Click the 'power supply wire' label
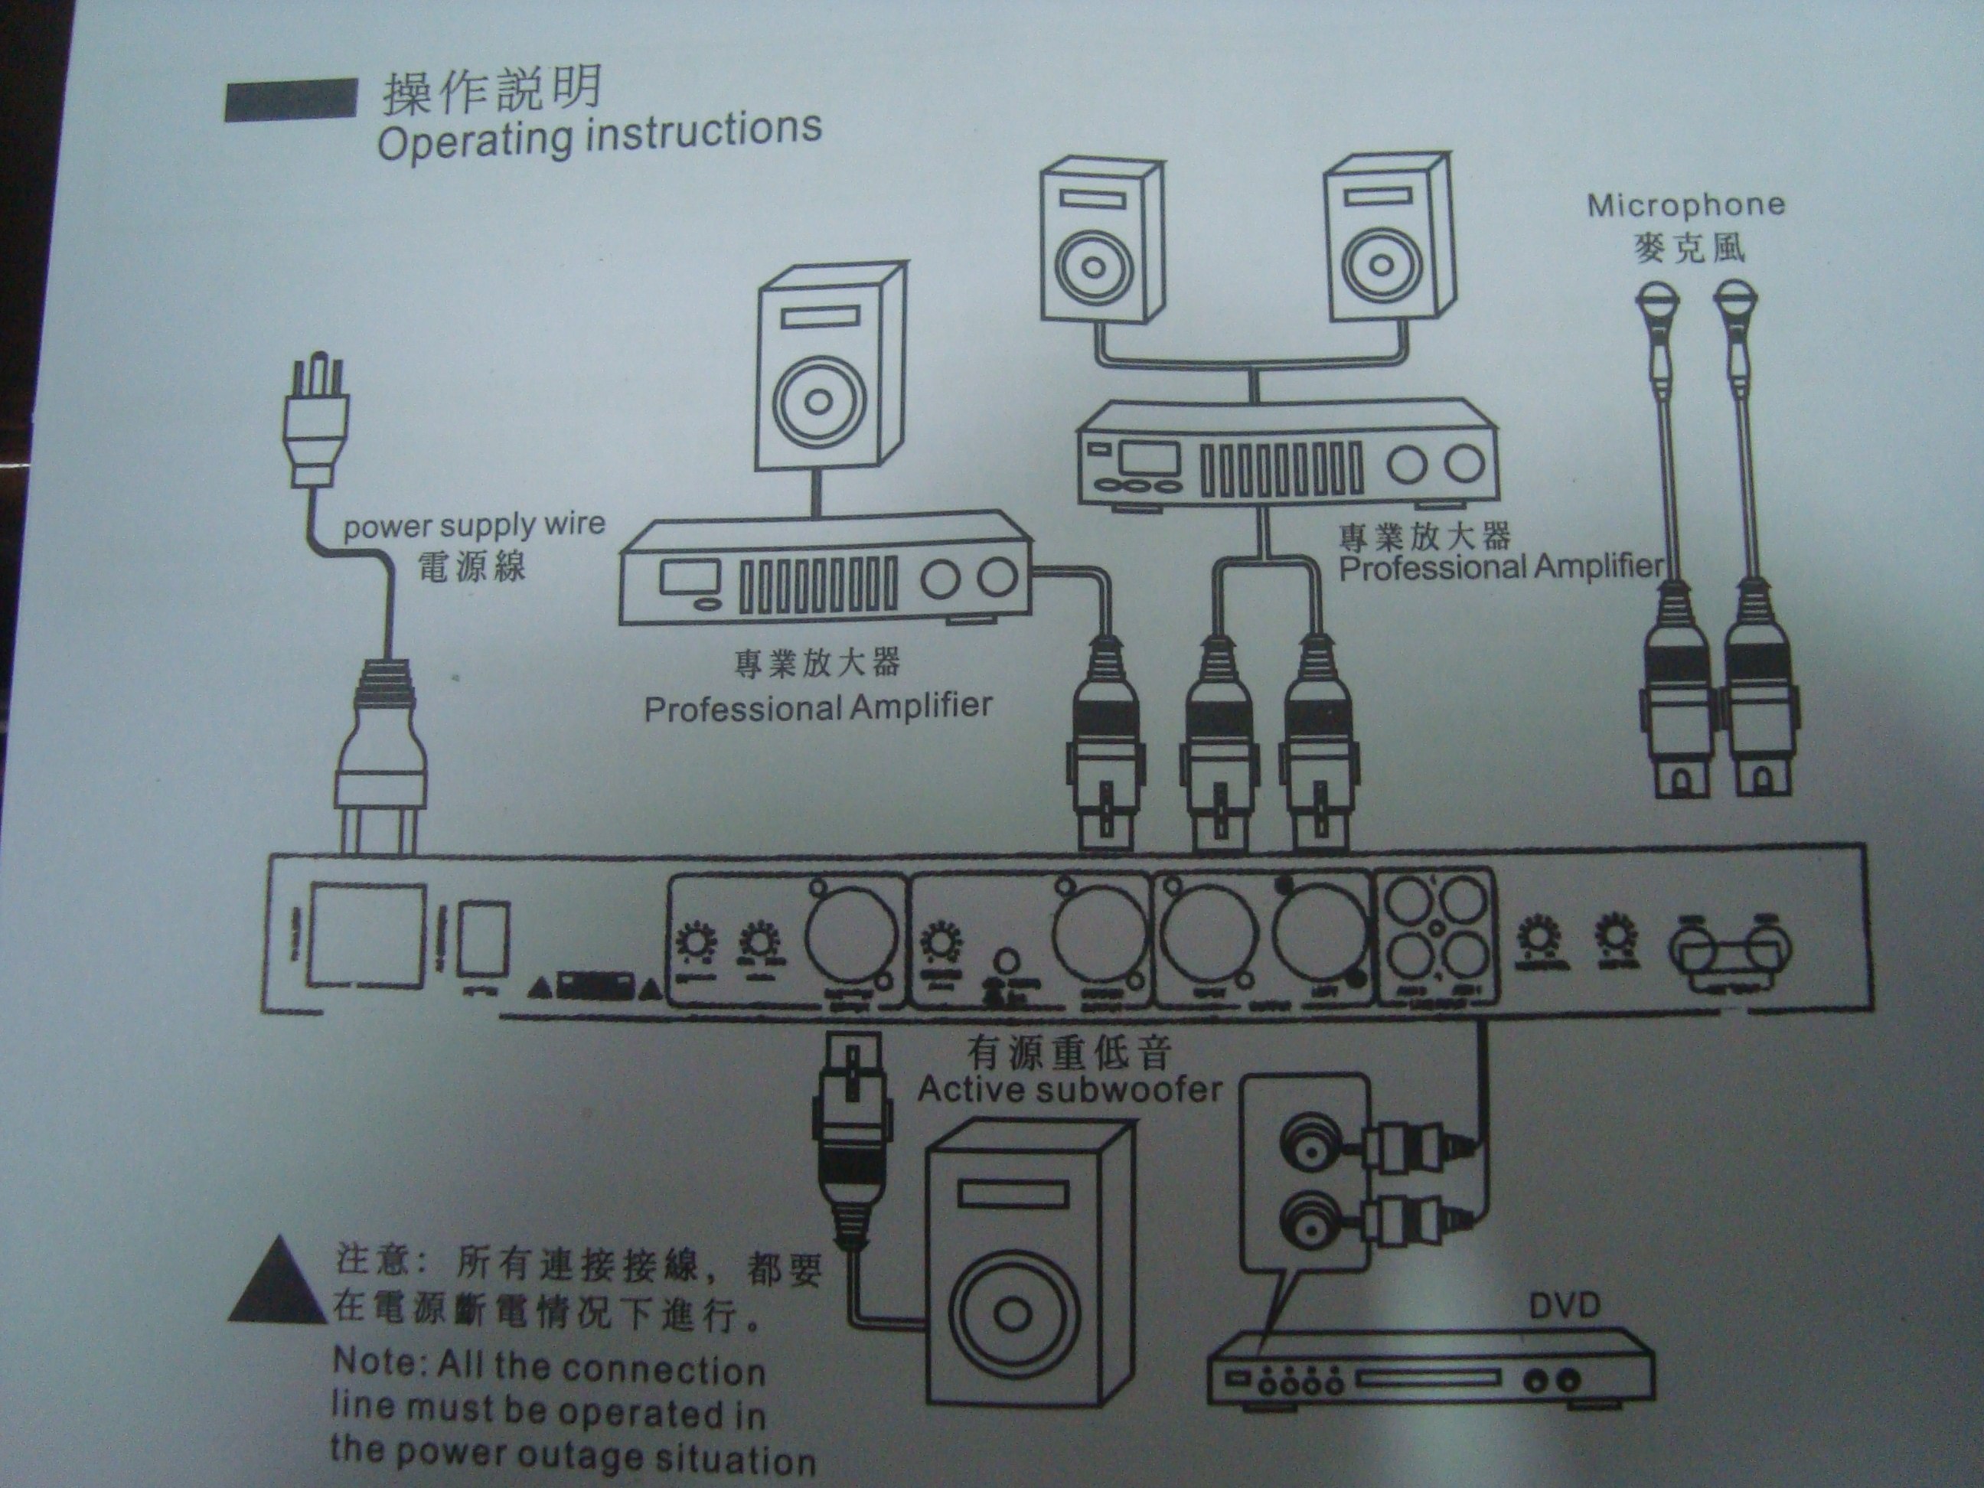coord(474,524)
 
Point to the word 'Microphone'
coord(1685,205)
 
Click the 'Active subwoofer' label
coord(1069,1090)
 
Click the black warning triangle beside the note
coord(276,1281)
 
